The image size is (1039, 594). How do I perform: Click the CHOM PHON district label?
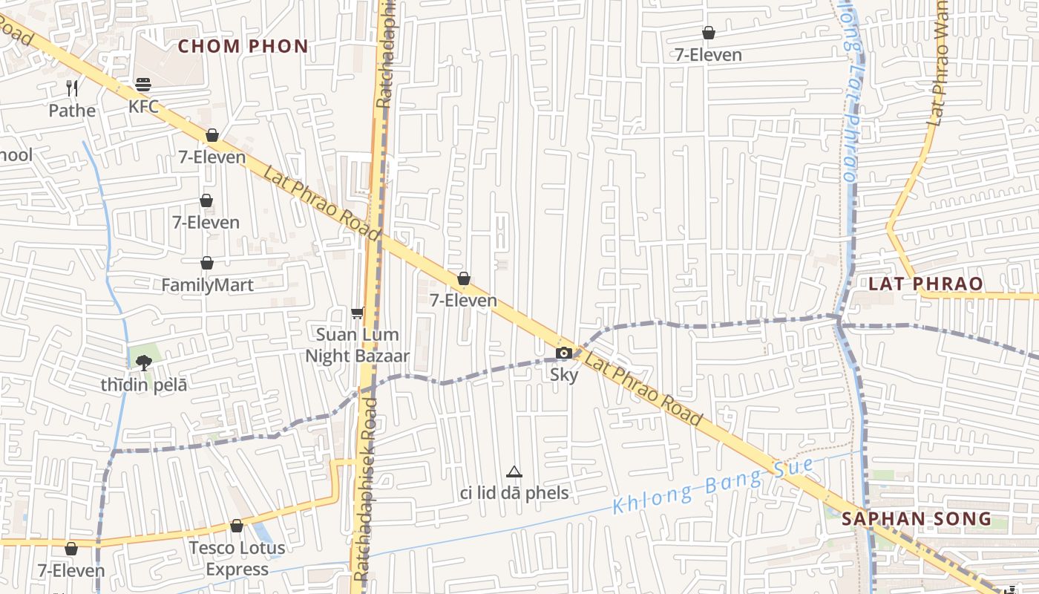pyautogui.click(x=243, y=46)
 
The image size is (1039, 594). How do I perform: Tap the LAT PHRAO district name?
pyautogui.click(x=925, y=284)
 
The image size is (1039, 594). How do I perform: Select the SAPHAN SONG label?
pyautogui.click(x=917, y=518)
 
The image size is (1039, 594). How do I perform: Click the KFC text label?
pyautogui.click(x=143, y=106)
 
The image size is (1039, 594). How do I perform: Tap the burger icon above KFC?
pyautogui.click(x=143, y=84)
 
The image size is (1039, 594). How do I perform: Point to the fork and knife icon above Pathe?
pyautogui.click(x=72, y=88)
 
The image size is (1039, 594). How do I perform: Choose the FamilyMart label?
pyautogui.click(x=207, y=285)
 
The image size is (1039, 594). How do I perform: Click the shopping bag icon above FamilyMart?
pyautogui.click(x=207, y=263)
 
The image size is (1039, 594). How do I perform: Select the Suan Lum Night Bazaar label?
pyautogui.click(x=358, y=345)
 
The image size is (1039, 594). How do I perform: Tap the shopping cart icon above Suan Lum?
pyautogui.click(x=358, y=313)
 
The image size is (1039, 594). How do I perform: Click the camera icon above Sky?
pyautogui.click(x=564, y=353)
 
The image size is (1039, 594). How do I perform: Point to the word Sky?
pyautogui.click(x=564, y=375)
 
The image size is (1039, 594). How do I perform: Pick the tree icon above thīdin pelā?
pyautogui.click(x=143, y=362)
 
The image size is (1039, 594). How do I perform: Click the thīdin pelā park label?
pyautogui.click(x=144, y=385)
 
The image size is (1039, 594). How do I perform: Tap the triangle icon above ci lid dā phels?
pyautogui.click(x=514, y=471)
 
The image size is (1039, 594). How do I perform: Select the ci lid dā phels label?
pyautogui.click(x=514, y=493)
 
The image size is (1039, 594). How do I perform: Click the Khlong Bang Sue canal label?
pyautogui.click(x=712, y=486)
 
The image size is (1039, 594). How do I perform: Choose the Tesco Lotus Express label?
pyautogui.click(x=237, y=558)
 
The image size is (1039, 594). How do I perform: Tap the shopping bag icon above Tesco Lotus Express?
pyautogui.click(x=237, y=526)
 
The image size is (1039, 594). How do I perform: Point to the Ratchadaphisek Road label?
pyautogui.click(x=366, y=490)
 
